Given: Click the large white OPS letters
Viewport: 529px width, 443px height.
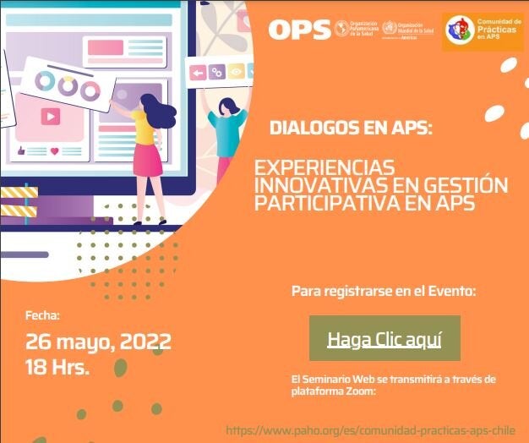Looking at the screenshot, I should pos(298,29).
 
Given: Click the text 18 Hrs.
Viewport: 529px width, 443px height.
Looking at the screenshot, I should pos(57,368).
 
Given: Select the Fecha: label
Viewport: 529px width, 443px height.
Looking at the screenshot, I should pos(42,315).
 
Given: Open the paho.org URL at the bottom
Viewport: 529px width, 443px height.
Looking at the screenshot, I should pos(371,430).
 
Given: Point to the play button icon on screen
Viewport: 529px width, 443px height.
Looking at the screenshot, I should pos(50,118).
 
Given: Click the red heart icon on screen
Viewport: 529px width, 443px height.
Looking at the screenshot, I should pos(54,150).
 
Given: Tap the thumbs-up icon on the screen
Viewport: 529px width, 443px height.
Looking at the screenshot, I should pos(19,150).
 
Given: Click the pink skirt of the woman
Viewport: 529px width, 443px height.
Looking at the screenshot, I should pos(146,158).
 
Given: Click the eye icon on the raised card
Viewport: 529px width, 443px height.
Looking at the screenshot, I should pos(236,73).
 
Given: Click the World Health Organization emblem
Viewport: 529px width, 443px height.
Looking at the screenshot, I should pos(390,29).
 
